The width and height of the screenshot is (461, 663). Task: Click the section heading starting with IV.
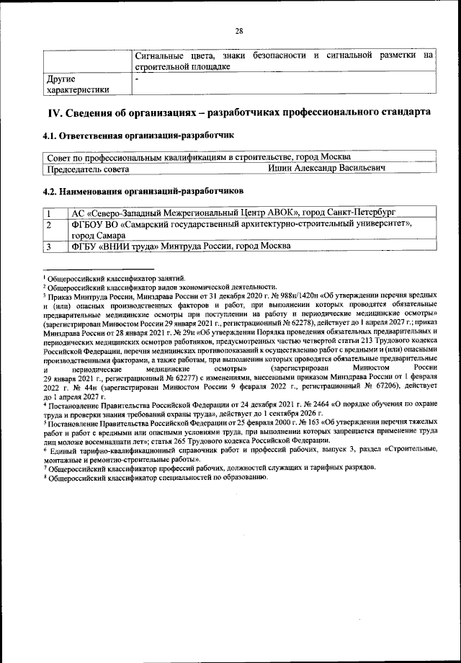(239, 113)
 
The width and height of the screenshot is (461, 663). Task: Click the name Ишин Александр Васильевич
(325, 169)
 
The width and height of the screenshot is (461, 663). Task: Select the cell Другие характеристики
(79, 84)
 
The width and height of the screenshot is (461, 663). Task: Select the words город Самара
(100, 235)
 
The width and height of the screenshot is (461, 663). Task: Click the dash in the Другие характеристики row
(137, 78)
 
